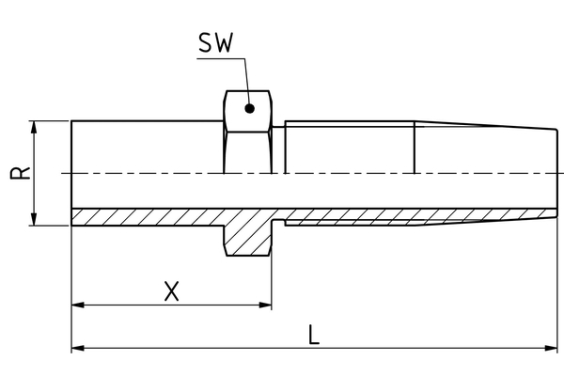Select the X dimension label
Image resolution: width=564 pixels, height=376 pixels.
click(171, 291)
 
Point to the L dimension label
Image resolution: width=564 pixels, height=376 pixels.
click(314, 335)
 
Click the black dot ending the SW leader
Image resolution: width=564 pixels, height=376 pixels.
click(249, 108)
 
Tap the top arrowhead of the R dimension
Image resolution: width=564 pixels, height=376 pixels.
click(35, 127)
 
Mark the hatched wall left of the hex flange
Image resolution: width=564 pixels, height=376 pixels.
click(146, 216)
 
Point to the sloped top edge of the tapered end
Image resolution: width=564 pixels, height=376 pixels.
click(484, 125)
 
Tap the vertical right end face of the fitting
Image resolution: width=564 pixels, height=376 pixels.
click(555, 173)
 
